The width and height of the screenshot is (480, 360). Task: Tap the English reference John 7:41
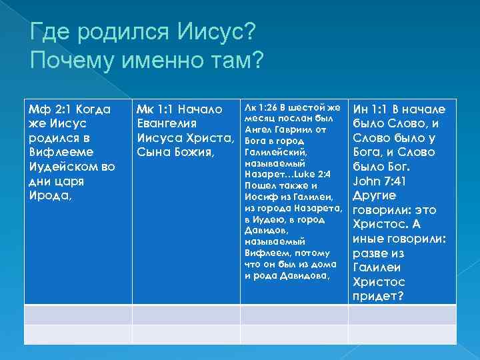pyautogui.click(x=379, y=181)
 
